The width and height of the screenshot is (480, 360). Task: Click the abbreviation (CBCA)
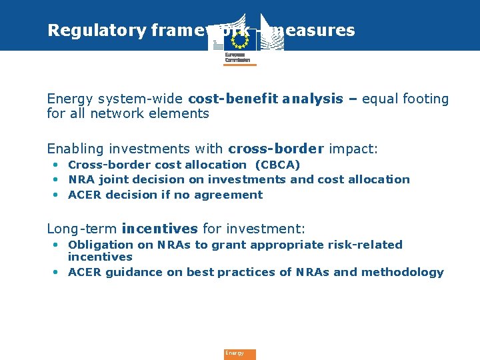pos(277,165)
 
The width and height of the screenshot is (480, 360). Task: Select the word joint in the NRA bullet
pos(114,179)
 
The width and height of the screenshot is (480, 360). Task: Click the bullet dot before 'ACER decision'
pos(55,195)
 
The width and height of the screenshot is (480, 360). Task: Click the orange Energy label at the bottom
pos(239,354)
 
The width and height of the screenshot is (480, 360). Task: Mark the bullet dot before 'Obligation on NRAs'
pos(55,245)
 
